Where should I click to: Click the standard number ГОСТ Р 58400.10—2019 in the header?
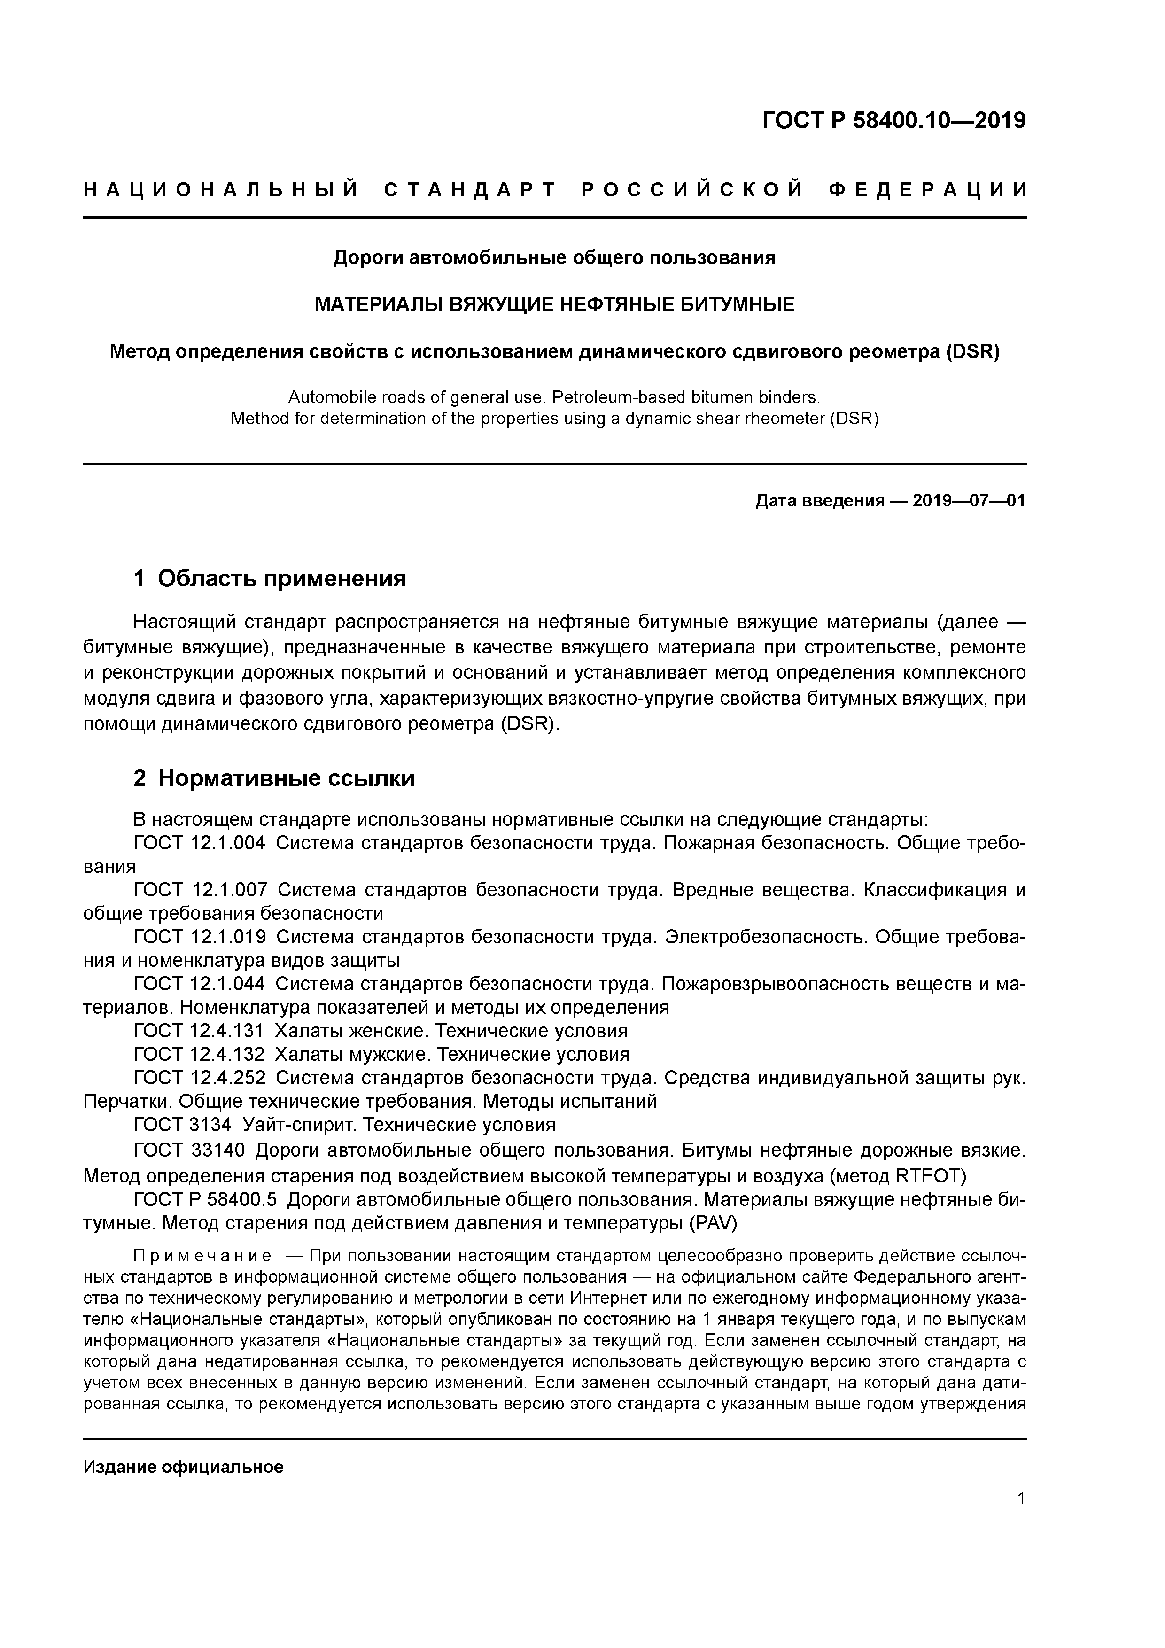click(893, 121)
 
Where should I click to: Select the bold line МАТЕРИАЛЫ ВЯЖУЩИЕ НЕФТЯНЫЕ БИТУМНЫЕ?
click(554, 305)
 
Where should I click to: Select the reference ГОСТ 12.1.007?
click(200, 890)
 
